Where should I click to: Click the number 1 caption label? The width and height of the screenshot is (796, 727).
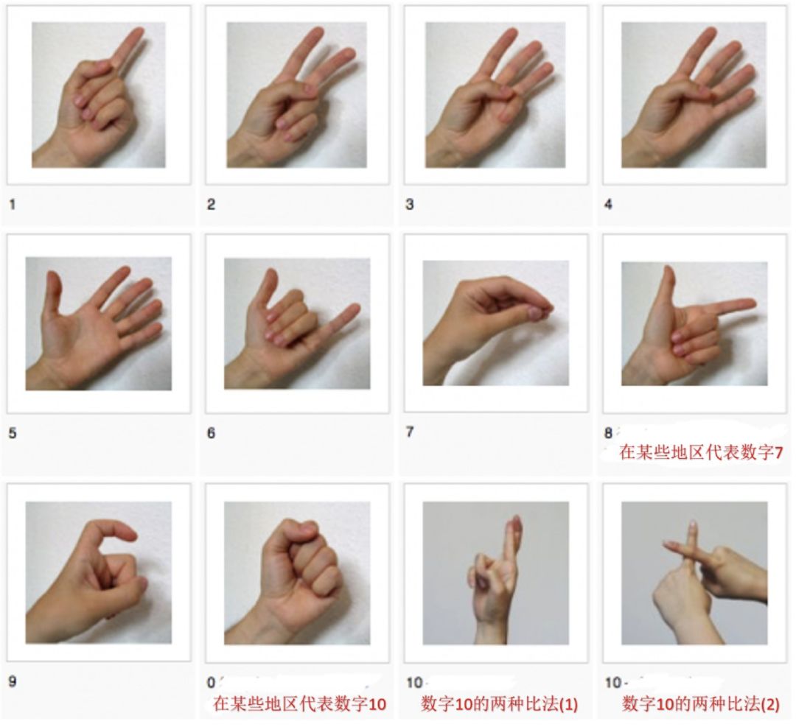[13, 205]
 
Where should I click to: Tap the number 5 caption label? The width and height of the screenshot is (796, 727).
[13, 433]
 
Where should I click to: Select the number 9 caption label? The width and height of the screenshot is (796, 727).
[13, 681]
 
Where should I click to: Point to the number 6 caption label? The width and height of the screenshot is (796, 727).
[212, 433]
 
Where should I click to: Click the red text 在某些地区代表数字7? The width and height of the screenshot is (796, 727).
[701, 452]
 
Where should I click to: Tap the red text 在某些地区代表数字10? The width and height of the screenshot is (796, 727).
[299, 703]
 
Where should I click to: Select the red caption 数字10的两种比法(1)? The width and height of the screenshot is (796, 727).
[499, 703]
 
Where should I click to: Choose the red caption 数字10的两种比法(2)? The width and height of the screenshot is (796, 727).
[700, 703]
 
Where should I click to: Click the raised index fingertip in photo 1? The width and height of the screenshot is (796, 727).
[138, 33]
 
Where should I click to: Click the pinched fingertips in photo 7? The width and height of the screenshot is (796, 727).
[539, 311]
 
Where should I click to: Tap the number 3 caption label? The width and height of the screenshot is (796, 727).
[410, 205]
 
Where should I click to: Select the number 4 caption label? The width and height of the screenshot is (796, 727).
[608, 205]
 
